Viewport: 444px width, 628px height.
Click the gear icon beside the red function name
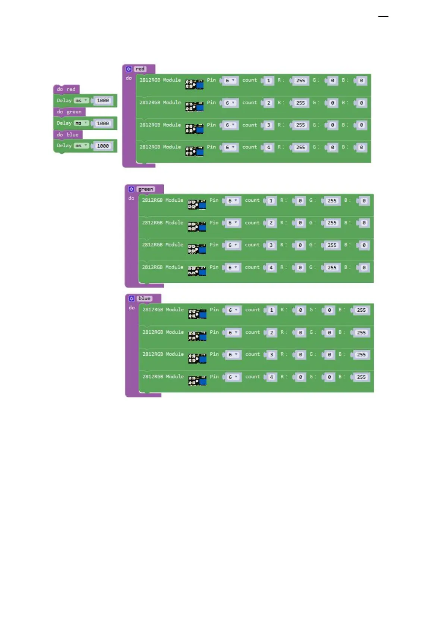tap(129, 69)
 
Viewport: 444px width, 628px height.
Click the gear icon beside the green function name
tap(131, 189)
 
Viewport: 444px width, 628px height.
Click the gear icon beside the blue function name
tap(132, 299)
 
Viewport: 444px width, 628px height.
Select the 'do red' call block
tap(66, 90)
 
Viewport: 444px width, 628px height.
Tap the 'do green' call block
tap(69, 112)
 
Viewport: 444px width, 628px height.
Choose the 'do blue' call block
tap(68, 135)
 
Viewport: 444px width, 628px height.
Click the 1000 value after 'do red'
tap(103, 101)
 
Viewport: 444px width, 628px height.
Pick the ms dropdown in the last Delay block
tap(81, 146)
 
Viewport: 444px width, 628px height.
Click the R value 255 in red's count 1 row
tap(300, 81)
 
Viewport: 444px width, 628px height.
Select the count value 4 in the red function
tap(268, 148)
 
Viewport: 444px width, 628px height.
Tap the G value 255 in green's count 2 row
tap(332, 223)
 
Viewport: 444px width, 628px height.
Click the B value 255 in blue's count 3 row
tap(361, 355)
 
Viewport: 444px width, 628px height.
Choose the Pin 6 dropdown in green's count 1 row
tap(232, 201)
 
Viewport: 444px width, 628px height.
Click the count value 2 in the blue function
tap(271, 333)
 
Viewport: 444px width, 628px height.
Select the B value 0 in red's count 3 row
tap(361, 125)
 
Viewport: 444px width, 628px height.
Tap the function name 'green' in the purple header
tap(145, 189)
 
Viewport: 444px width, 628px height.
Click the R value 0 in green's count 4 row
tap(300, 268)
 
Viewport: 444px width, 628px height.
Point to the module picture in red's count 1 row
tap(195, 85)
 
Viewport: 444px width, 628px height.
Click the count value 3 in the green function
tap(271, 245)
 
